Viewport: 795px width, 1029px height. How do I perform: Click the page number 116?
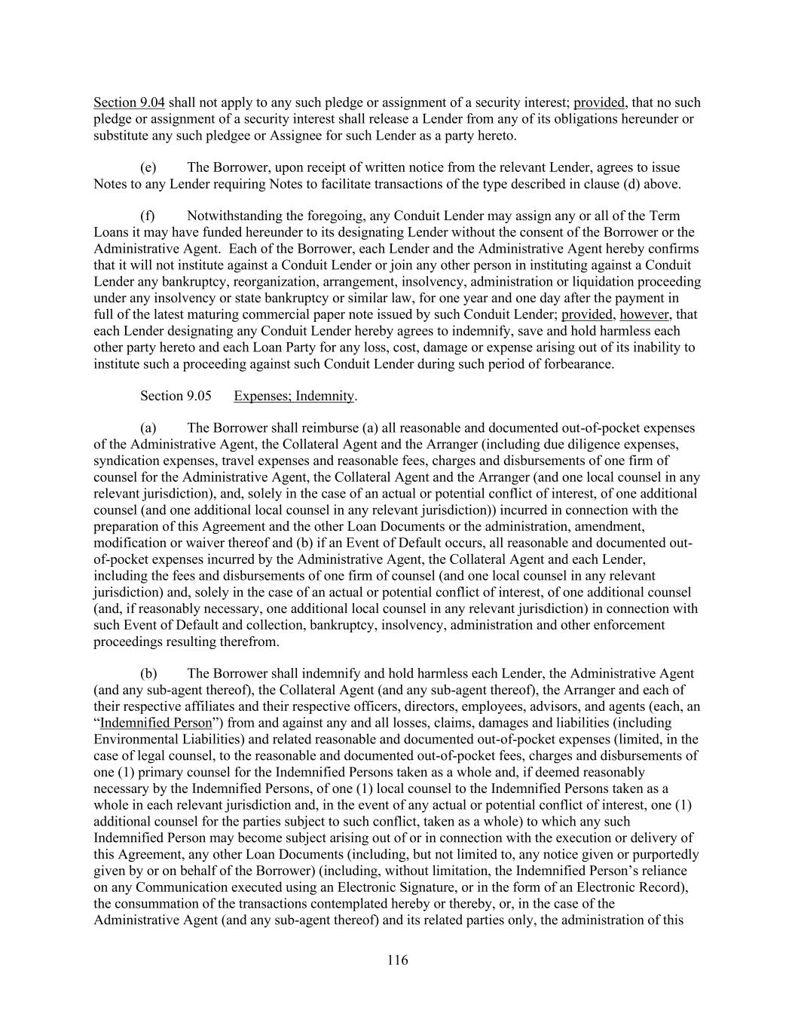[397, 960]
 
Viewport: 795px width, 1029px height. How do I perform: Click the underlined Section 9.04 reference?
[129, 103]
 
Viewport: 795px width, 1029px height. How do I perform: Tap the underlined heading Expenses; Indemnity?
[294, 396]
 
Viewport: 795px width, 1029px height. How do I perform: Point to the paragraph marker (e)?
[148, 167]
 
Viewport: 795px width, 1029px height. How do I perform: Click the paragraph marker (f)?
[147, 216]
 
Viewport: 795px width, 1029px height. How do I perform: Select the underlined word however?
[644, 314]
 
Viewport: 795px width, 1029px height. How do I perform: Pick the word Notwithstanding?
[232, 216]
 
